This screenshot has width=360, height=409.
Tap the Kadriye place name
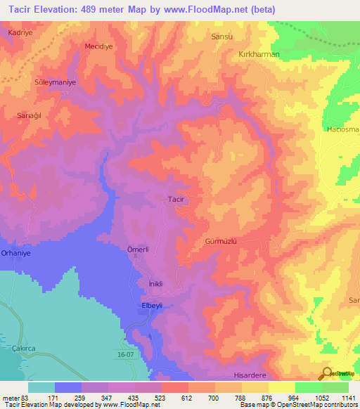[x=20, y=33]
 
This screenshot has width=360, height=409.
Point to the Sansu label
[x=221, y=35]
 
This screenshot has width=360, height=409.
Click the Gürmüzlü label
[x=220, y=240]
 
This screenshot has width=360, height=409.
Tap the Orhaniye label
[x=16, y=252]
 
